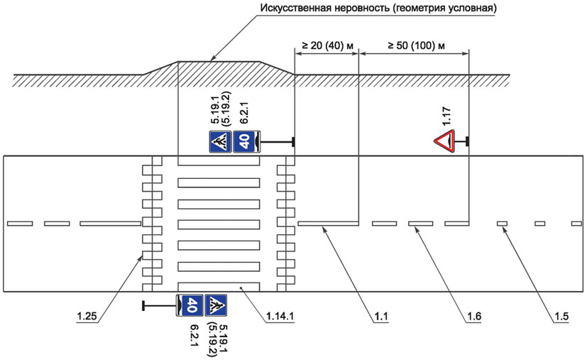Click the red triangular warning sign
pyautogui.click(x=446, y=142)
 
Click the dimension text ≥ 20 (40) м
pyautogui.click(x=327, y=46)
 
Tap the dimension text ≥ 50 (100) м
pyautogui.click(x=415, y=46)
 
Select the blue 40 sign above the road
pyautogui.click(x=243, y=142)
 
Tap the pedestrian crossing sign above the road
pyautogui.click(x=219, y=142)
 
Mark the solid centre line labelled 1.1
pyautogui.click(x=327, y=224)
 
